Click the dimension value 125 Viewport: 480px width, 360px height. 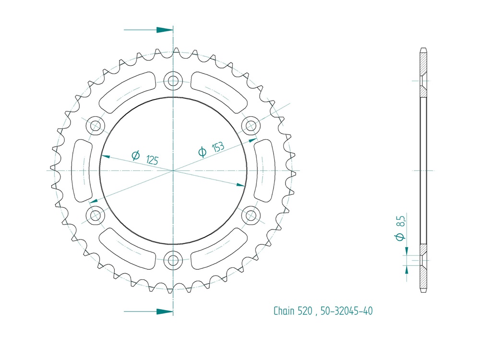[x=152, y=160]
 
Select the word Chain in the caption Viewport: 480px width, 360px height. [x=284, y=311]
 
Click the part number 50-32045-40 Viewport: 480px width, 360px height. [x=346, y=311]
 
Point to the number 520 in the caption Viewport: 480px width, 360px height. [x=305, y=311]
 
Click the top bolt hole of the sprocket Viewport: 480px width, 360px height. [x=173, y=81]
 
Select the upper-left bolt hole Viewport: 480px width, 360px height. [x=95, y=125]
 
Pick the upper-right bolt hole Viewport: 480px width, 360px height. [x=251, y=125]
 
